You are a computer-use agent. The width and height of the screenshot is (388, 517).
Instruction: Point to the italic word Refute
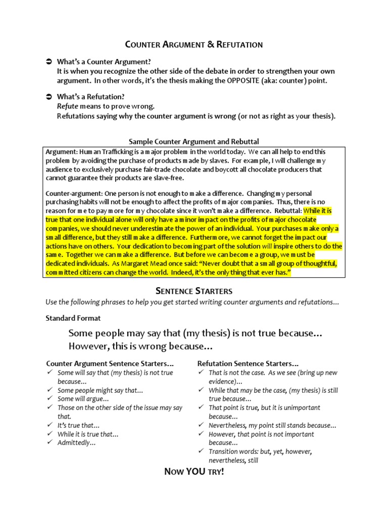[x=67, y=107]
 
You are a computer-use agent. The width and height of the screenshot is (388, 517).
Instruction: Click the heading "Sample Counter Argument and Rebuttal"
[x=194, y=142]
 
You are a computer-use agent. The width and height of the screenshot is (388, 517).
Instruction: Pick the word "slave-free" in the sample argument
[x=168, y=178]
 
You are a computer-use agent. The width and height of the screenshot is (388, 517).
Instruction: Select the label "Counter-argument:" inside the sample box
[x=74, y=193]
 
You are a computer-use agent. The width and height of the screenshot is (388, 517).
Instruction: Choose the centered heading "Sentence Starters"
[x=193, y=291]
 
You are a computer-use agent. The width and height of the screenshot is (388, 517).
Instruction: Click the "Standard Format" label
[x=73, y=318]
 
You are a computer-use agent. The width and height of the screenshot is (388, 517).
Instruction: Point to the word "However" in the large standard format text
[x=86, y=346]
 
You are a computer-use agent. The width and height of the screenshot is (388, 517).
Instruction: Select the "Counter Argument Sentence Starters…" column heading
[x=110, y=363]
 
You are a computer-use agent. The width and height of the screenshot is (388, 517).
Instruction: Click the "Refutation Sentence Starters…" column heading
[x=248, y=363]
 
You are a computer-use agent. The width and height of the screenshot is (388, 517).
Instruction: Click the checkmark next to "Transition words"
[x=201, y=452]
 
